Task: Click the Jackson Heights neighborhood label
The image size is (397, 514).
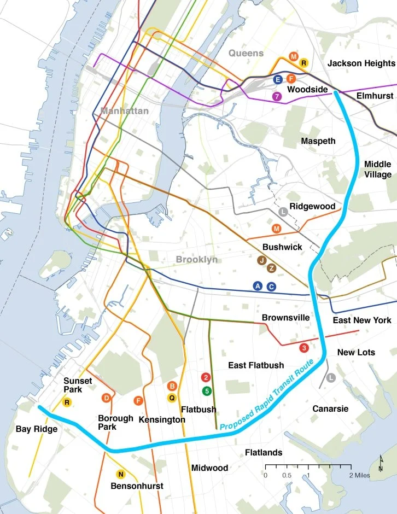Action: [360, 63]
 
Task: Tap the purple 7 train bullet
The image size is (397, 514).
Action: [277, 97]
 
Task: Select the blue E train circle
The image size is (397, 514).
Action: [278, 80]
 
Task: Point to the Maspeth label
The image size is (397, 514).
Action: [318, 141]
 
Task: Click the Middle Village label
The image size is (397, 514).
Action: [378, 169]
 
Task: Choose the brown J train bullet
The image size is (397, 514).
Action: [262, 260]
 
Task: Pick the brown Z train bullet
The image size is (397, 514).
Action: [271, 268]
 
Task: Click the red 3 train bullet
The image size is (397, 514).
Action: [305, 348]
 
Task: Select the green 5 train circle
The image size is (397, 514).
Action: [206, 390]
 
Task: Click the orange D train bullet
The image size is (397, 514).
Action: [107, 398]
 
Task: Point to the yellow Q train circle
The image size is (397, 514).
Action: [172, 398]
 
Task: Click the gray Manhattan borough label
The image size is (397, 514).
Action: [124, 110]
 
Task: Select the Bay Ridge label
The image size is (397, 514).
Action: [36, 429]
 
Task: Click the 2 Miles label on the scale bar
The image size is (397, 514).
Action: [359, 475]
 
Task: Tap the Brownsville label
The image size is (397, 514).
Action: [285, 318]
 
